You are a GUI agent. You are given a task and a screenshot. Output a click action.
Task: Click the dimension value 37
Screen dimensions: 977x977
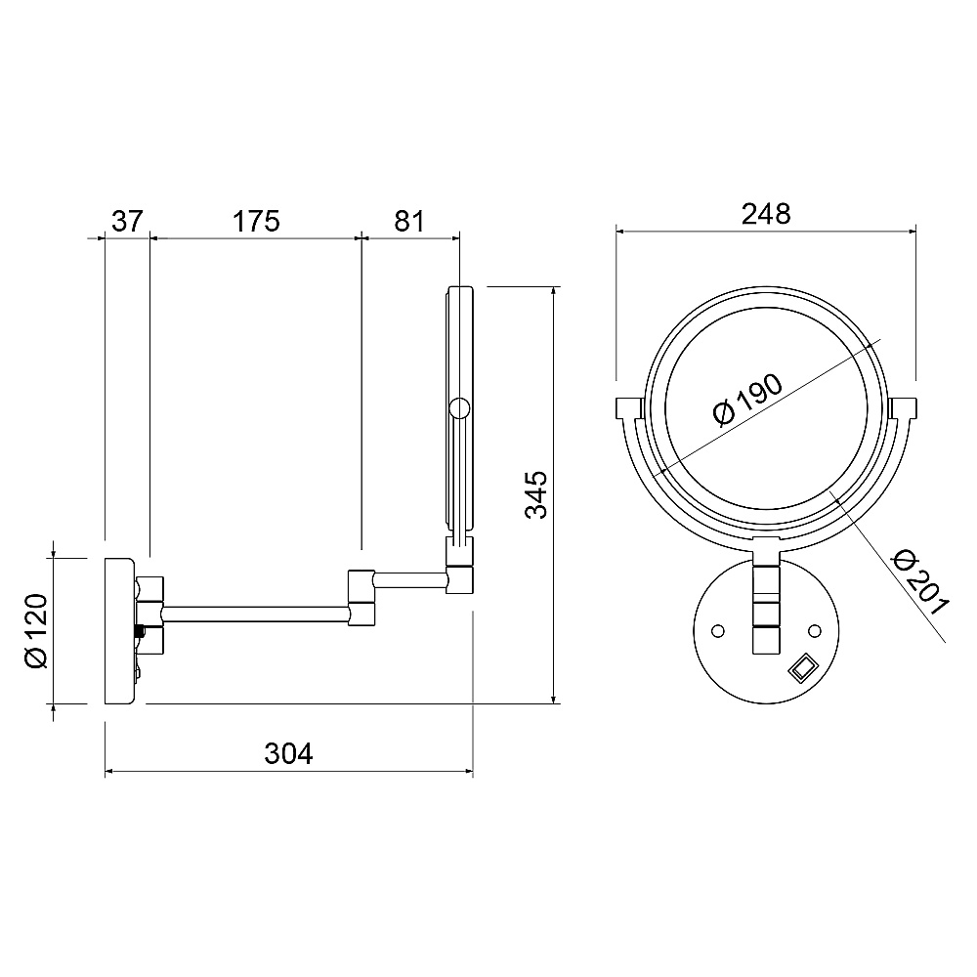click(128, 221)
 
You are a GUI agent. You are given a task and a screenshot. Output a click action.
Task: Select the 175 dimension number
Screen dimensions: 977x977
click(256, 221)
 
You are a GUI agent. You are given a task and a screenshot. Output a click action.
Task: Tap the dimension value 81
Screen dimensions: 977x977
click(409, 221)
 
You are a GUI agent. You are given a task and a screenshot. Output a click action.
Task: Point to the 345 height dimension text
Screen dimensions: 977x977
click(535, 494)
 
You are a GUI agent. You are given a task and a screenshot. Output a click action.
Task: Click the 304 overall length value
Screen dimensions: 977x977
click(288, 753)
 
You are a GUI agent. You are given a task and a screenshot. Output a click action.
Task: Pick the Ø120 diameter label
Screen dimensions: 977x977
click(36, 631)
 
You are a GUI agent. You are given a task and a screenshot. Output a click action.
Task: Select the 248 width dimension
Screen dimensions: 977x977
click(766, 214)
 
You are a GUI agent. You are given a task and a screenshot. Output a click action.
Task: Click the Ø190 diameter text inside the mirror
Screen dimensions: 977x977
click(747, 400)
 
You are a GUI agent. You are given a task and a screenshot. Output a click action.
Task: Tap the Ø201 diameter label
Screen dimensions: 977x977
click(921, 582)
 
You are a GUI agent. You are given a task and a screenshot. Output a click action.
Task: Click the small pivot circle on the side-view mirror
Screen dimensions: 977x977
click(459, 408)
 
